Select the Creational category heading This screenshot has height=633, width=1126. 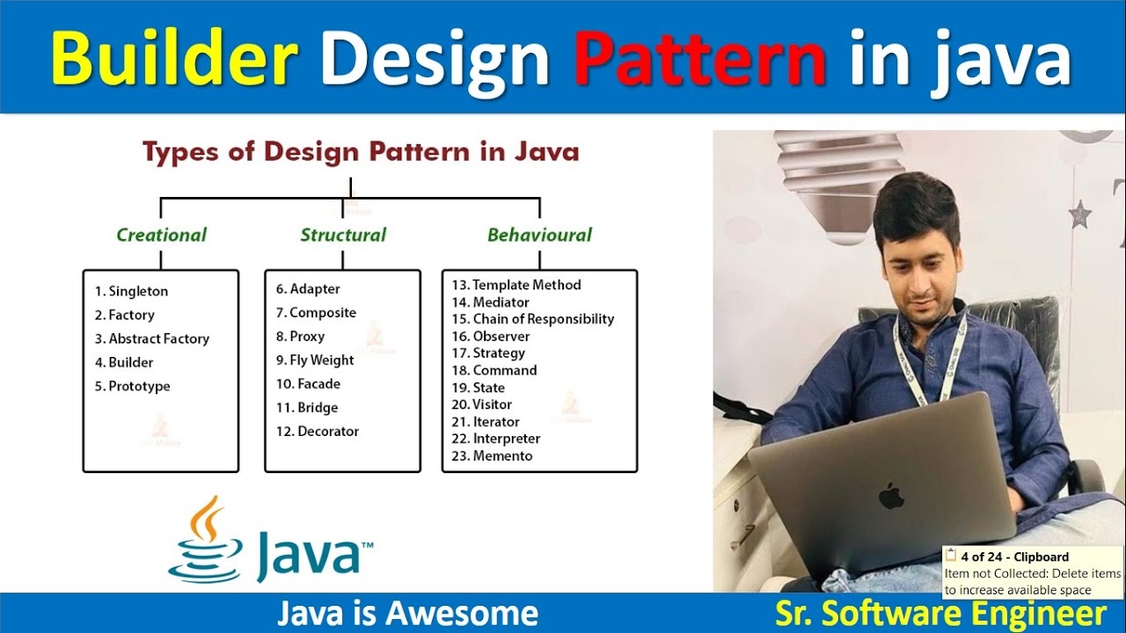tap(161, 235)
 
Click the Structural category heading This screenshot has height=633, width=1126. tap(343, 235)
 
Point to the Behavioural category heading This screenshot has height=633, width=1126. tap(539, 235)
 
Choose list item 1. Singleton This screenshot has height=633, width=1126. tap(131, 291)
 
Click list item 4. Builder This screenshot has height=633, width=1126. tap(124, 362)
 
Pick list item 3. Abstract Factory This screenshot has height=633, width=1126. tap(152, 338)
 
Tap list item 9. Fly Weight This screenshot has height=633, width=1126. tap(315, 360)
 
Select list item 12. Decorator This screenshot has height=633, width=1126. tap(318, 431)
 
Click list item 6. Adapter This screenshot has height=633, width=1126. tap(308, 288)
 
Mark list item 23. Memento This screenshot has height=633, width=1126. tap(492, 455)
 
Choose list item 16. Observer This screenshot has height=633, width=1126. tap(491, 336)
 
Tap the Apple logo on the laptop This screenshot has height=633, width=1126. tap(891, 495)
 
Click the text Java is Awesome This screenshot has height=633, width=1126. tap(407, 613)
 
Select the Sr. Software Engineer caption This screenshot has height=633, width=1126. tap(940, 613)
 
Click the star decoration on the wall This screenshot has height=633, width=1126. tap(1079, 214)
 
